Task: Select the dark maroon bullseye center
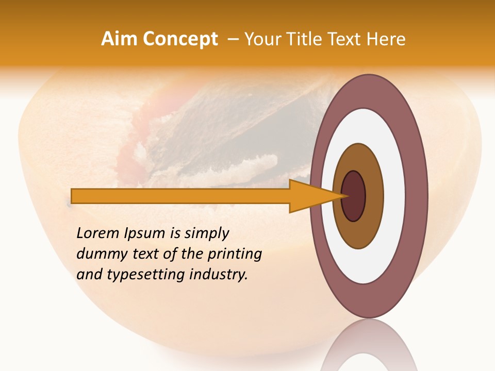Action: [x=354, y=196]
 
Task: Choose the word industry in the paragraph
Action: [x=219, y=275]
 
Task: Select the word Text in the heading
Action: [x=346, y=39]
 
